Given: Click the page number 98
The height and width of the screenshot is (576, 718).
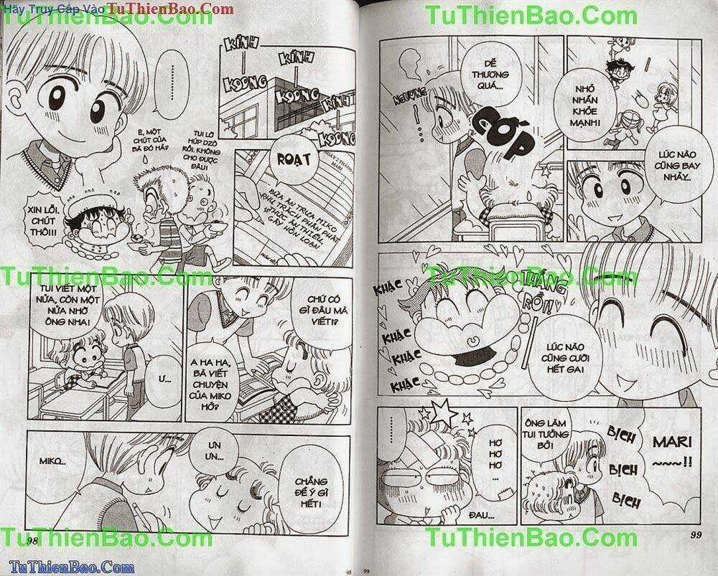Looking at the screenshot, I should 32,539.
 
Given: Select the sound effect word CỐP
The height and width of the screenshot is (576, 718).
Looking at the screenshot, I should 507,131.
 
